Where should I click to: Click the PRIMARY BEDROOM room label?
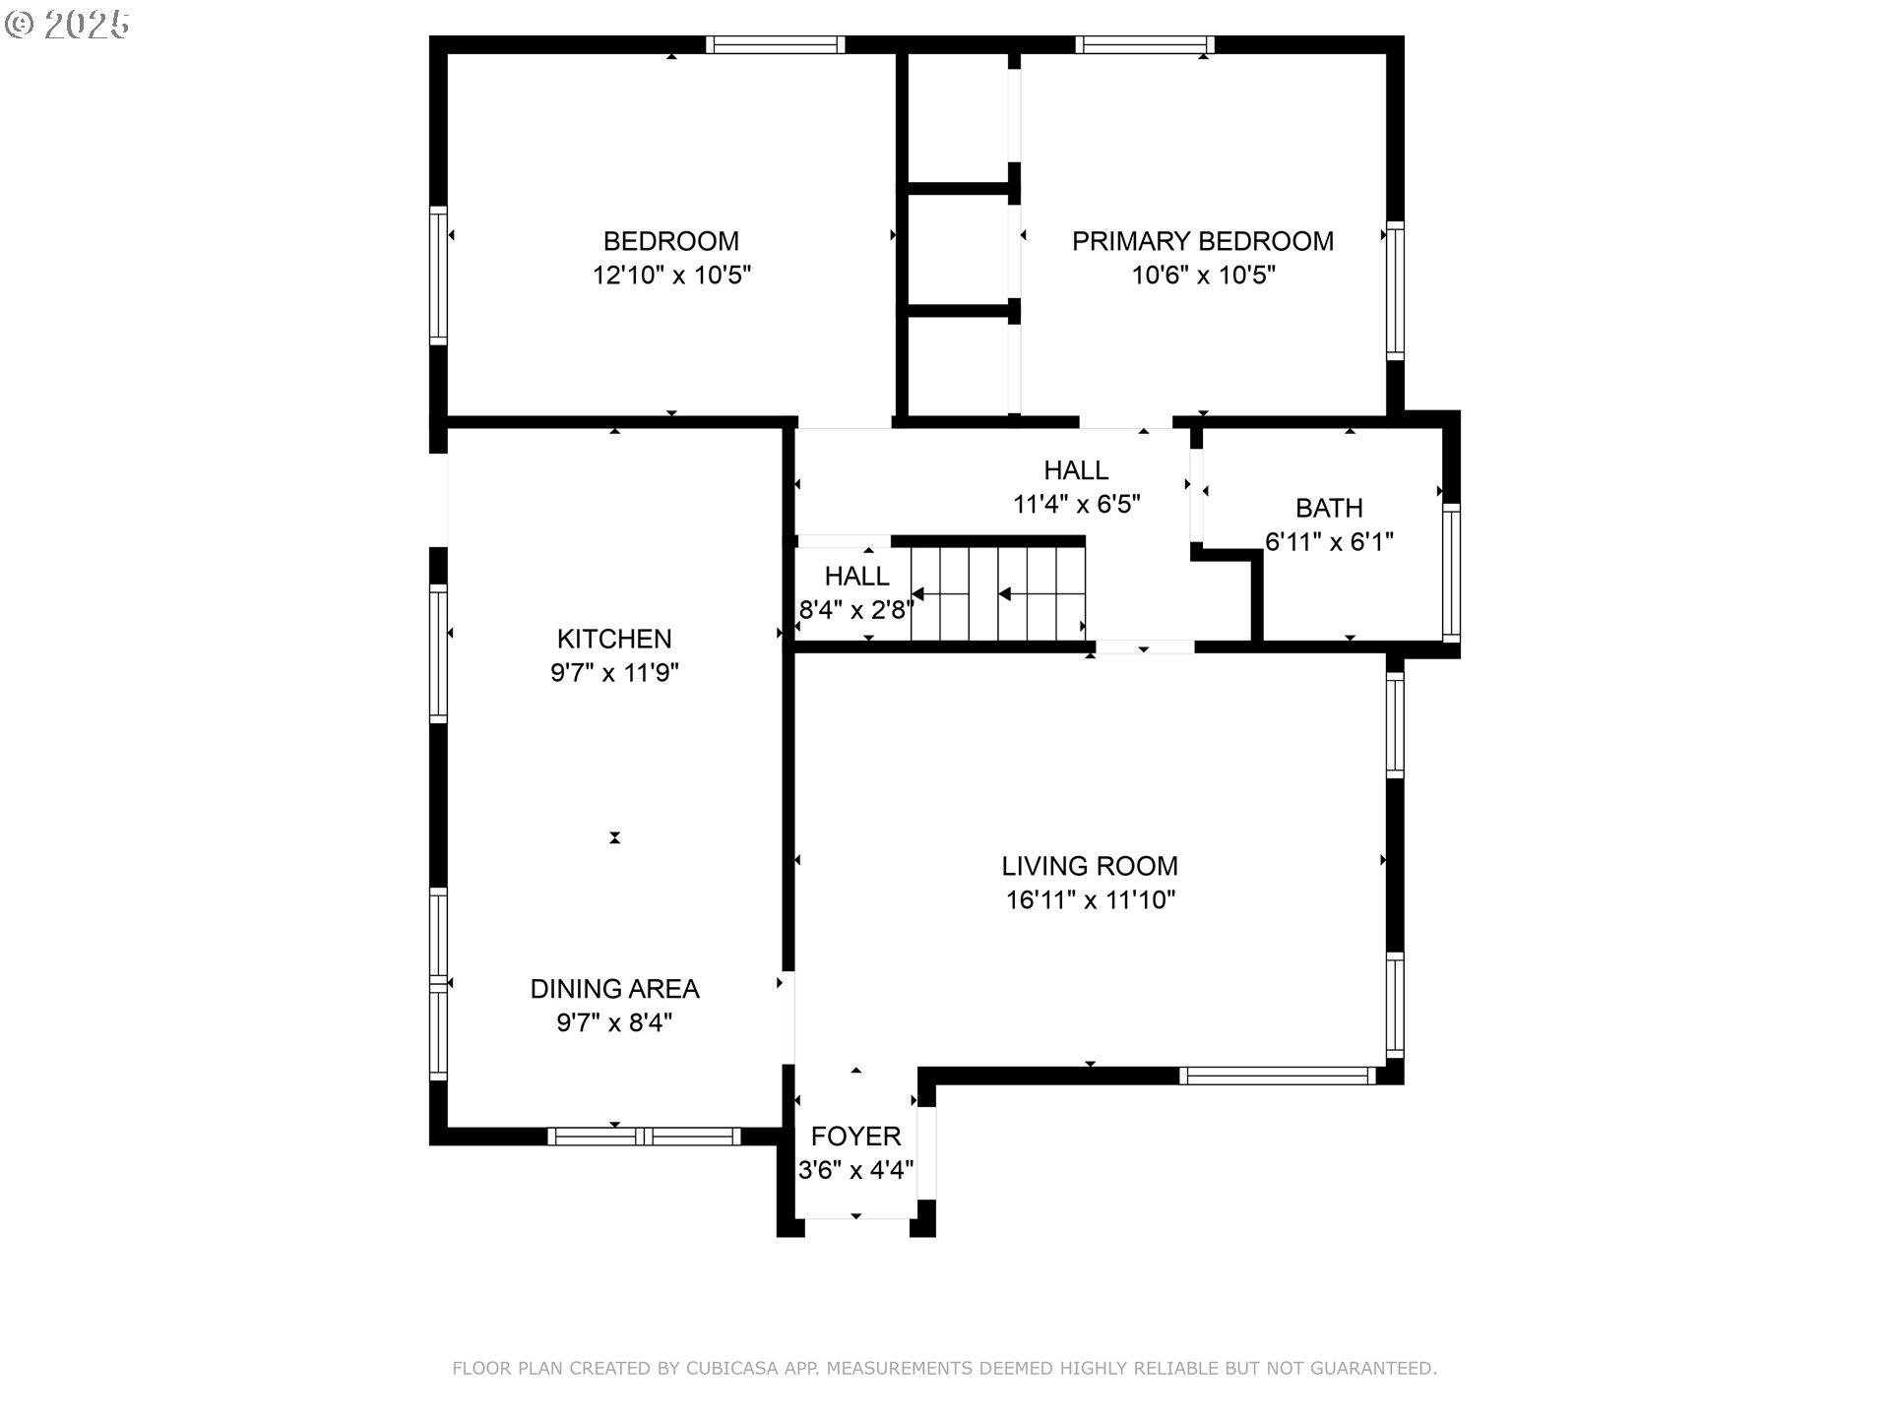[1203, 241]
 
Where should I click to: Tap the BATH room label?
[1329, 508]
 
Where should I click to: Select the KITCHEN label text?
[614, 639]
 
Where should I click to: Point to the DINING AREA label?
[614, 989]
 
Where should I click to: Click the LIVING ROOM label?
[1090, 866]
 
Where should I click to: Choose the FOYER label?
[855, 1137]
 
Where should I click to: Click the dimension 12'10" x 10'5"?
[671, 276]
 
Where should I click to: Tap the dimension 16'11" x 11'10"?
[1091, 900]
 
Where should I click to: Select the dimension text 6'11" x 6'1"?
[1329, 542]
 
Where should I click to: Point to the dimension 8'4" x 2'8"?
[856, 610]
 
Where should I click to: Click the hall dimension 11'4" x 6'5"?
[1077, 505]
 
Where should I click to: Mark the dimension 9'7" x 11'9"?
[614, 673]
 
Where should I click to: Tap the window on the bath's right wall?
[1451, 573]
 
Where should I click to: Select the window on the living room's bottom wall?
[1277, 1076]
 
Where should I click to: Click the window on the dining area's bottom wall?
[644, 1137]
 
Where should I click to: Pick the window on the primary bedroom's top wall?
[1144, 44]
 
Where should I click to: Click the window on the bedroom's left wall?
[438, 276]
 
